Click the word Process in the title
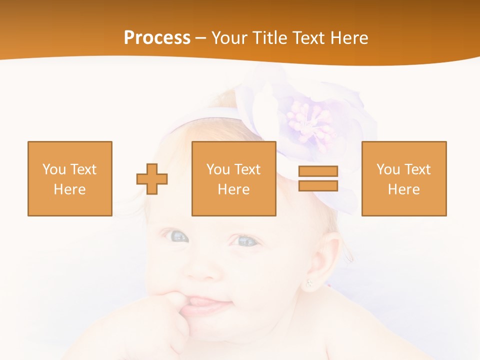click(157, 38)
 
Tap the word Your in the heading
click(230, 38)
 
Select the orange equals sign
click(318, 178)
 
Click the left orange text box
click(70, 178)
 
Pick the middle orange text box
click(234, 178)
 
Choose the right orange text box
click(404, 178)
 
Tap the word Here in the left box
click(70, 189)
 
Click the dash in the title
click(201, 38)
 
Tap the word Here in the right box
click(404, 189)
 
